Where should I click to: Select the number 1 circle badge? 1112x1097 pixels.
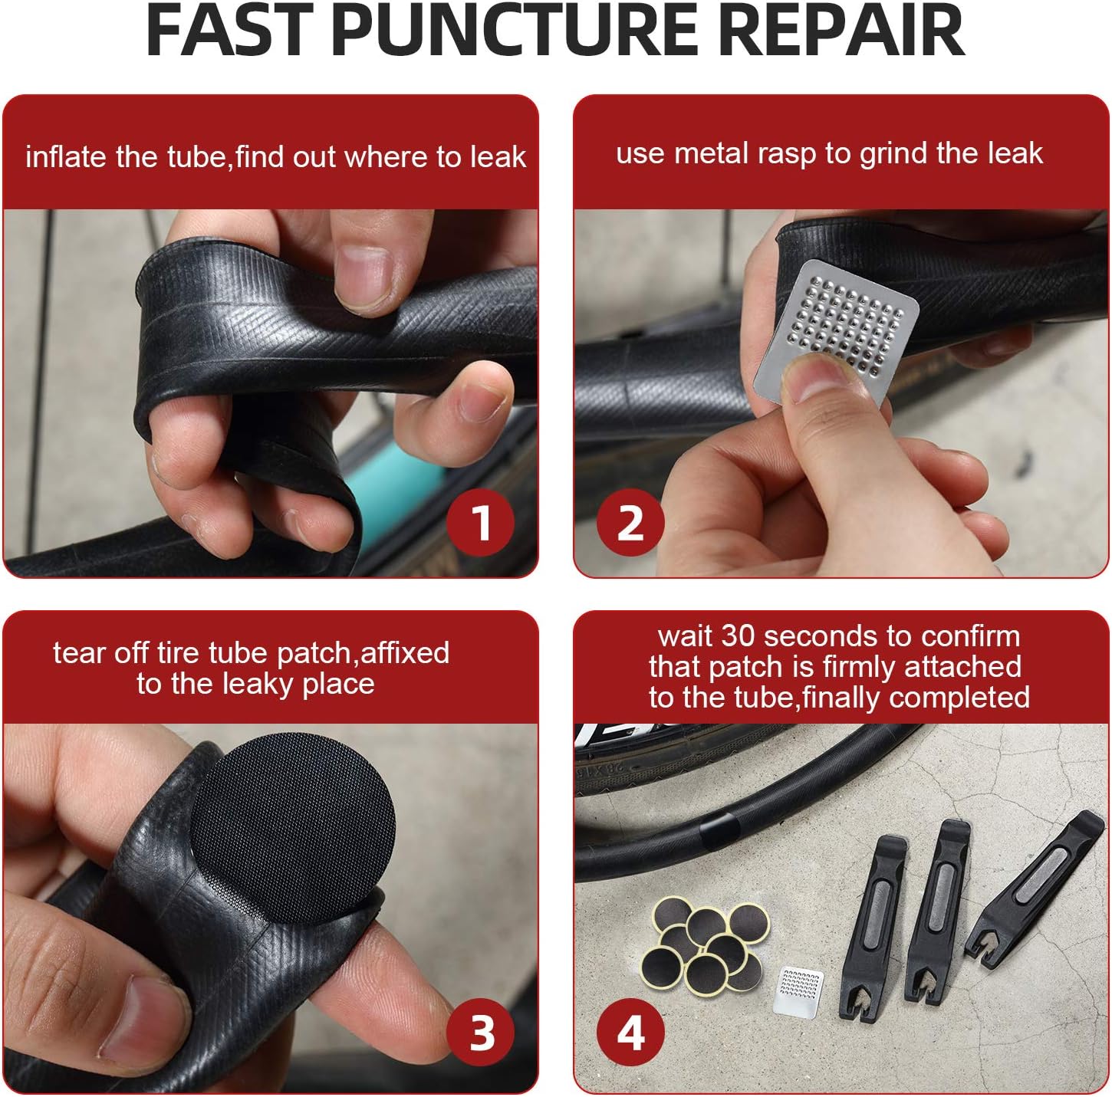481,523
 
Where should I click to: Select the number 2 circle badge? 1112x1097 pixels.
630,523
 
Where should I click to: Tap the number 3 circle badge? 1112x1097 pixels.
481,1033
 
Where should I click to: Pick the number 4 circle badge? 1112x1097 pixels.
630,1033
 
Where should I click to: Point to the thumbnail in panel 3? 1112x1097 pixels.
146,1020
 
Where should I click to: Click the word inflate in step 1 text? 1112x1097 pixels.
66,157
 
